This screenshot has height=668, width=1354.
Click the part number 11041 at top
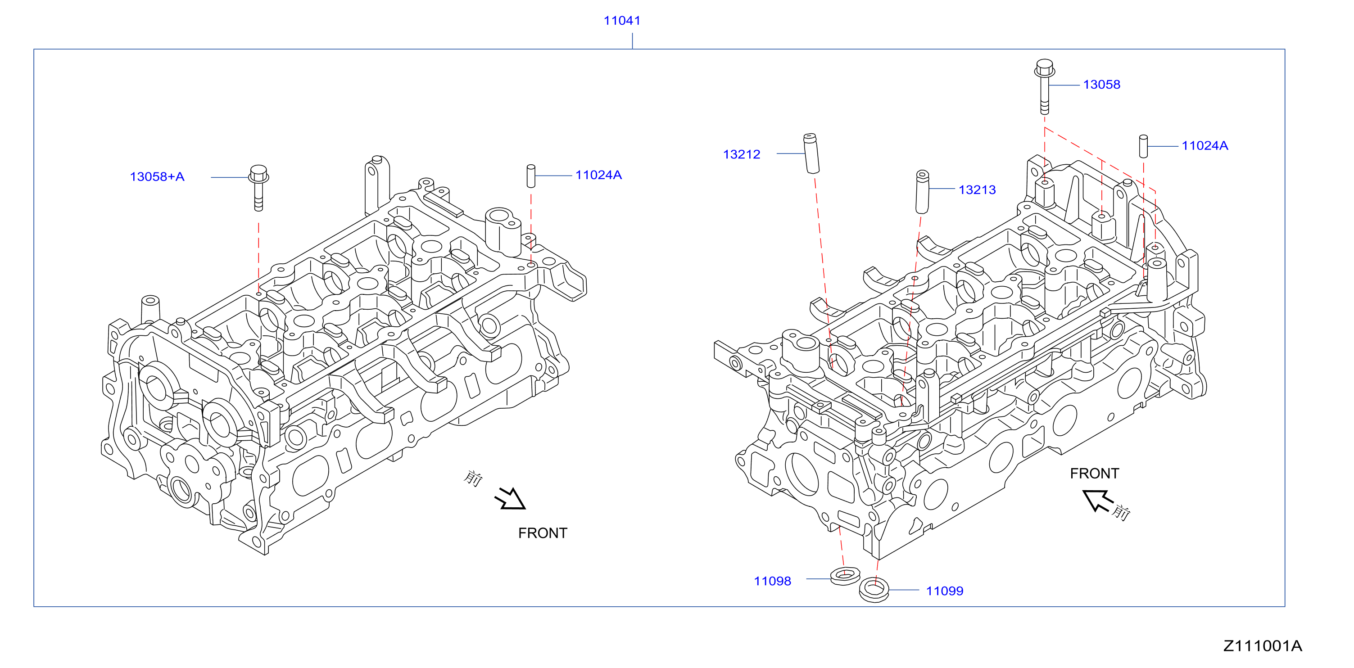[622, 21]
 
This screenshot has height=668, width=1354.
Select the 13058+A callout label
[157, 176]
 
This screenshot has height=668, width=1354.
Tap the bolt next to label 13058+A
[258, 188]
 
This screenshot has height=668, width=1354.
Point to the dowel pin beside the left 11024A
[531, 176]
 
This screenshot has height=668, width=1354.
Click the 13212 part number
[742, 154]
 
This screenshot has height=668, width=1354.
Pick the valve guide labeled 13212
[811, 153]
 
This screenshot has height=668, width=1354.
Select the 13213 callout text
[977, 190]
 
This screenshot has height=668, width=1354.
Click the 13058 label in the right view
[1102, 85]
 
